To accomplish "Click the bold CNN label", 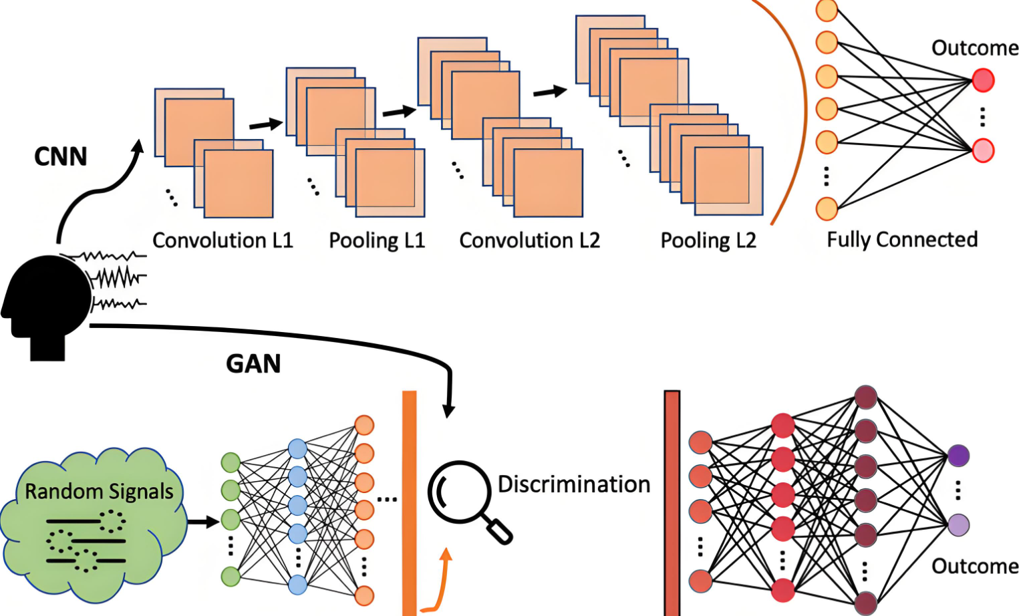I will [61, 156].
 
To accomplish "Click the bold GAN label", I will [253, 364].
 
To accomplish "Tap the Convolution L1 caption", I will [223, 241].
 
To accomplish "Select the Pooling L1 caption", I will [377, 241].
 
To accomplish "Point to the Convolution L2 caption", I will [529, 241].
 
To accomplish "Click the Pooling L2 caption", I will [708, 241].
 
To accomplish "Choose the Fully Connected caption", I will [902, 240].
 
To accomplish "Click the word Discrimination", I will [574, 484].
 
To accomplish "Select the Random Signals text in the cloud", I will [99, 492].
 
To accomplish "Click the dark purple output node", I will [958, 456].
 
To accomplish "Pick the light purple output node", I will [958, 524].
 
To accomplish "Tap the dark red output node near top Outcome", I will [983, 81].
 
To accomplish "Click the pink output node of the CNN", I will [983, 150].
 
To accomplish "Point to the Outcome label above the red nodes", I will [975, 48].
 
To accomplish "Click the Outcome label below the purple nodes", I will [975, 567].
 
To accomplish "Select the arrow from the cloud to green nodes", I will [203, 521].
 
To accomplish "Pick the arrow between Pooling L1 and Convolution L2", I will [399, 111].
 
